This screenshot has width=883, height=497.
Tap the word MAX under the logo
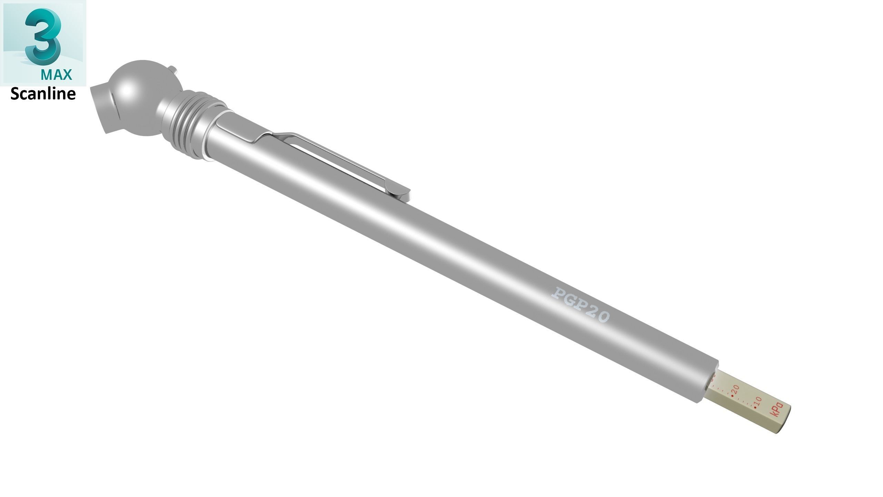pos(56,74)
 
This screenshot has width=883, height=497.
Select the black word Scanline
pos(43,94)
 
